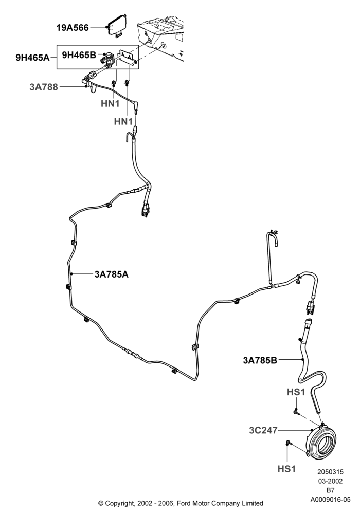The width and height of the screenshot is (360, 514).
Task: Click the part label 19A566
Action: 73,28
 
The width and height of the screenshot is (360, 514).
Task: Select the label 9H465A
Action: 32,58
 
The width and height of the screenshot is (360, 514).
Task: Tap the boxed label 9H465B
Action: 79,55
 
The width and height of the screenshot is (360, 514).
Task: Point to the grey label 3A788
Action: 44,87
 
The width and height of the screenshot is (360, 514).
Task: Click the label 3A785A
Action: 112,274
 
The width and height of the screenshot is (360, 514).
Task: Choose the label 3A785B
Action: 260,361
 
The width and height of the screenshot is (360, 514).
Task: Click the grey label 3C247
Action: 263,430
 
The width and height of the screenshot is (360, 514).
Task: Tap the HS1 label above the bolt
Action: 296,392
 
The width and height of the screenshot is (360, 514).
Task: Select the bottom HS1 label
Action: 286,469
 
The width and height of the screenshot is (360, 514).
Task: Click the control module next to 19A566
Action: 117,26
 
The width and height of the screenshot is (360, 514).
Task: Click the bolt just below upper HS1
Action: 296,411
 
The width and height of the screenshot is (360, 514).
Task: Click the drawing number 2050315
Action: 330,472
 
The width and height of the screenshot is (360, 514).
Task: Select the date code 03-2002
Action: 330,481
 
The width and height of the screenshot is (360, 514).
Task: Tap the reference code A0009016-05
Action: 330,500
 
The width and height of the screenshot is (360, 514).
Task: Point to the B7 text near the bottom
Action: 330,490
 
